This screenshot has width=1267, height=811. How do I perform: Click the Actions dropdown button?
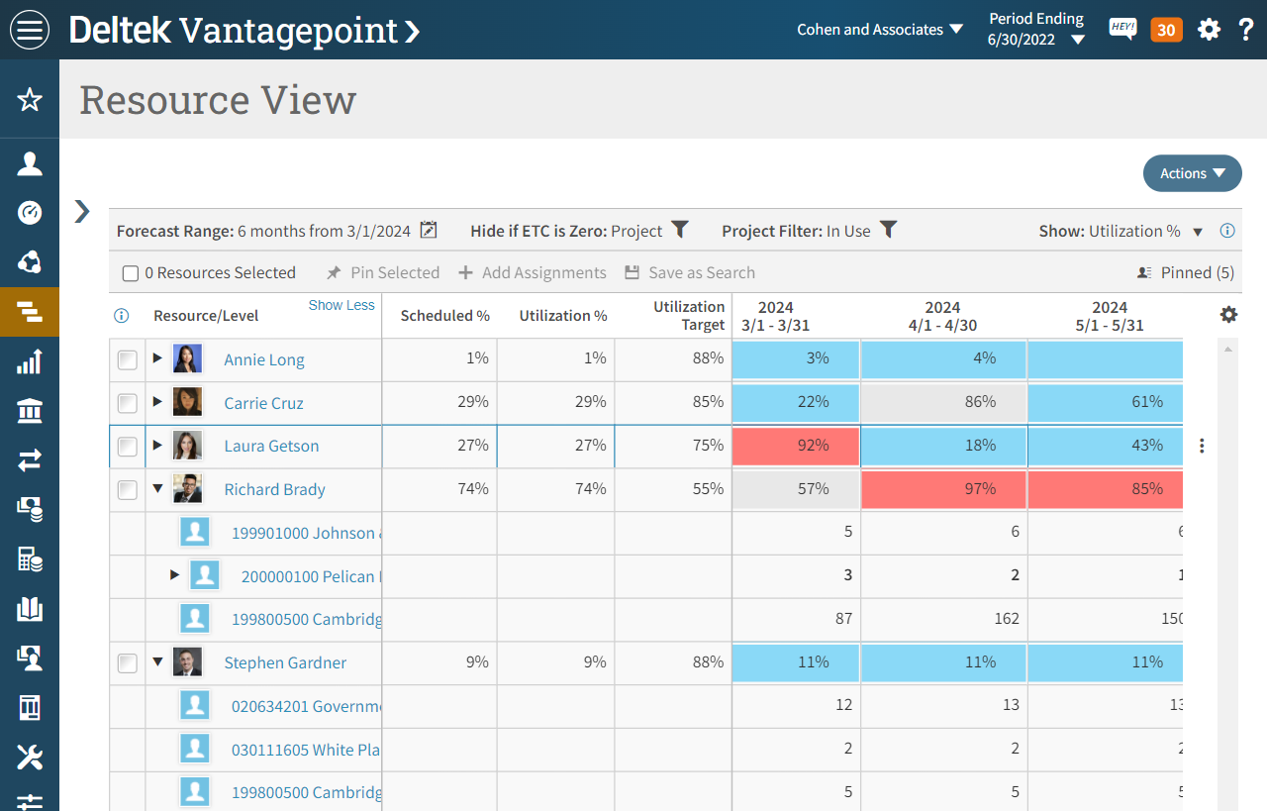[1192, 173]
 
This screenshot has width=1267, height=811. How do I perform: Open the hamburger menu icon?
[30, 30]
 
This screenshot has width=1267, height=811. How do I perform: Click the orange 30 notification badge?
[1166, 30]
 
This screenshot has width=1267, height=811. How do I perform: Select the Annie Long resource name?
[263, 359]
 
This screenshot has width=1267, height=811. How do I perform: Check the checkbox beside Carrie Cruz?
[127, 403]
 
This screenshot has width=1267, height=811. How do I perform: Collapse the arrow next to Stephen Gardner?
[157, 662]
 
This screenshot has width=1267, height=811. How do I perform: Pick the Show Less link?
[341, 305]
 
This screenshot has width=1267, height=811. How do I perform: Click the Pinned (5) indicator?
[1186, 272]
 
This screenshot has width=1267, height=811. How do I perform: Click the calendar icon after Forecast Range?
[428, 230]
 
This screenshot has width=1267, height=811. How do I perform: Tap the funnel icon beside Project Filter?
[889, 230]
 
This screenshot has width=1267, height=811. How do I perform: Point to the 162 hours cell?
[1006, 619]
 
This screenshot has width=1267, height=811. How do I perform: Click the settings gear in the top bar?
[1209, 30]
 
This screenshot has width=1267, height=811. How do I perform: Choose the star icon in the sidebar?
[30, 99]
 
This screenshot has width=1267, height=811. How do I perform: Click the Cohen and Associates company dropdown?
[880, 30]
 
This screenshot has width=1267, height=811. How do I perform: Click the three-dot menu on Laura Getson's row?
[1202, 446]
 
